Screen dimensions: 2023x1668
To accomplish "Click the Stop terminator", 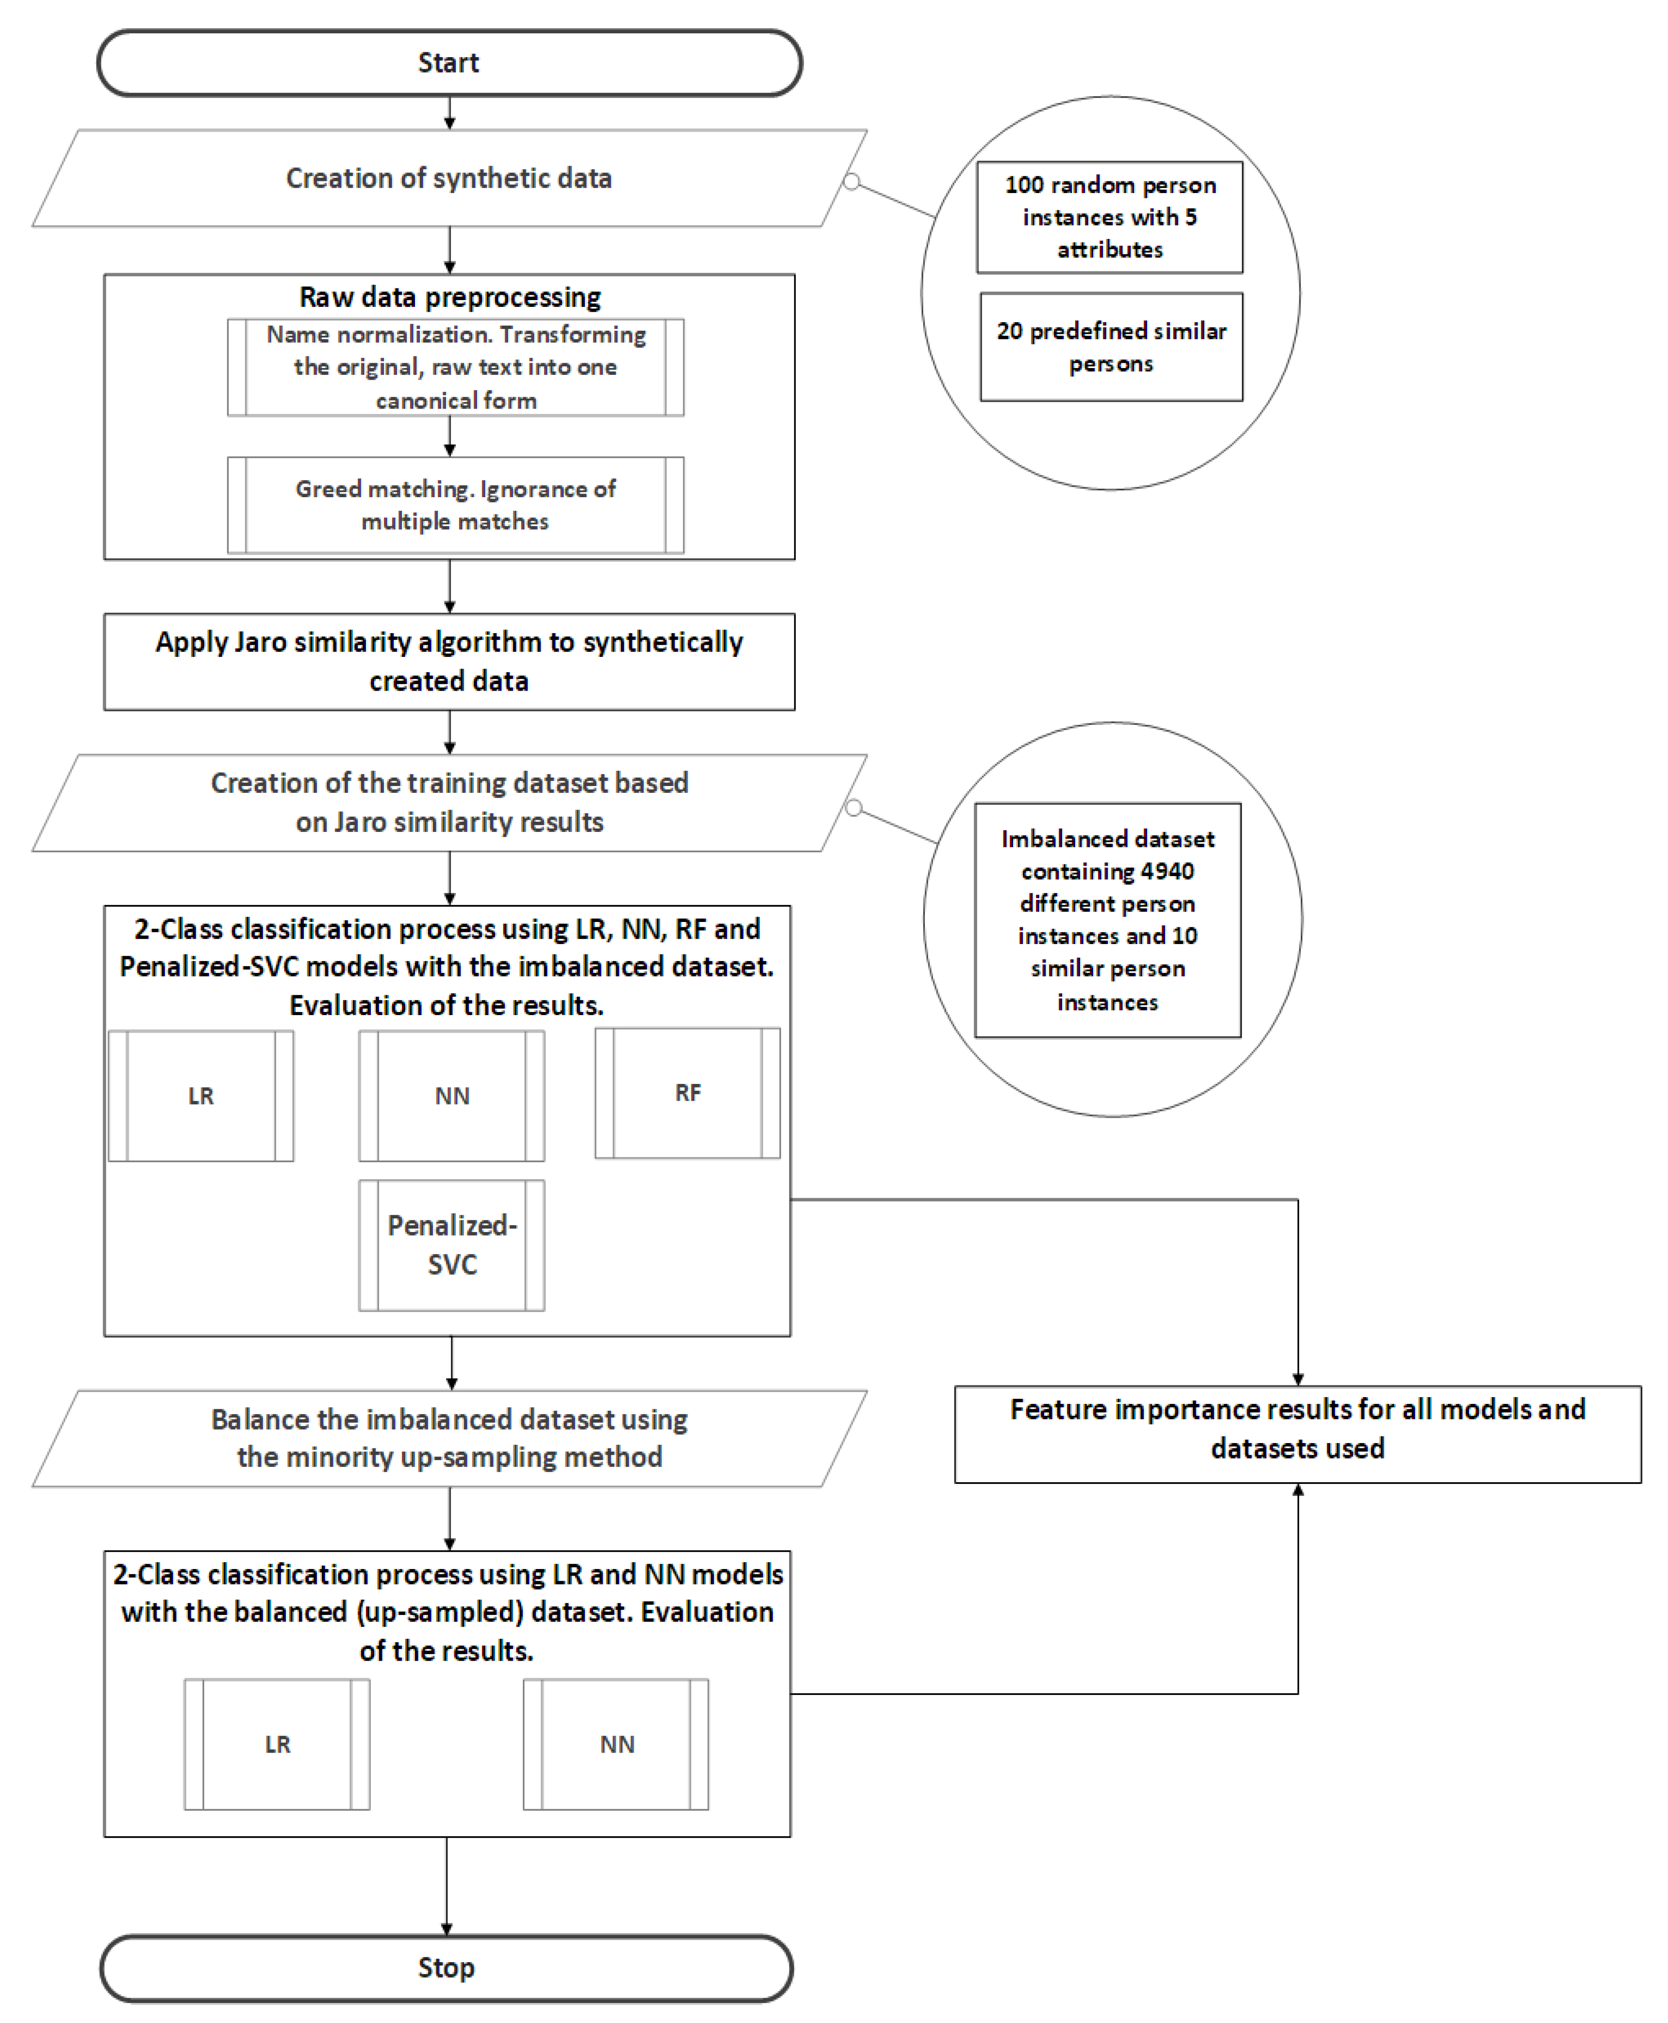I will [x=446, y=1967].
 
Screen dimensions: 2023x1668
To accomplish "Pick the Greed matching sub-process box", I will [x=455, y=505].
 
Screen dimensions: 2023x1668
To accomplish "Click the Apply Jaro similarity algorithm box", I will [x=449, y=662].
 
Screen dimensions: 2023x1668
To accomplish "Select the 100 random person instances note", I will [x=1110, y=217].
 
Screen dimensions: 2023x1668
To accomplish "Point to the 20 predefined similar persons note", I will [x=1111, y=347].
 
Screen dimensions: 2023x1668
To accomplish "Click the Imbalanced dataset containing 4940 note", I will [x=1108, y=920].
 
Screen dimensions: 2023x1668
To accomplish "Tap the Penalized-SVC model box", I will [x=451, y=1245].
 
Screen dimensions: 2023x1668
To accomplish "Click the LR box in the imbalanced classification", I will [x=201, y=1096].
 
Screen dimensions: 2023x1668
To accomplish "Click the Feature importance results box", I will [x=1297, y=1434].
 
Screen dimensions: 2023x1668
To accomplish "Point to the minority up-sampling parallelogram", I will [x=449, y=1438].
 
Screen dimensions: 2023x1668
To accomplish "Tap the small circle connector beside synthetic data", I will [x=851, y=181].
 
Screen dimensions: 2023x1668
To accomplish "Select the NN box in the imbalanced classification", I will [x=451, y=1096].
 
